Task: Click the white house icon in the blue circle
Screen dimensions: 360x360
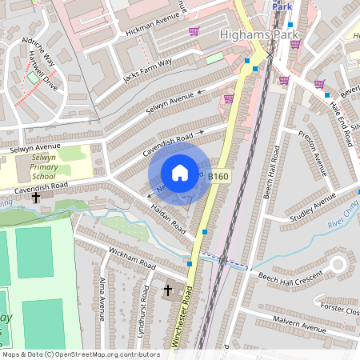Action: (179, 173)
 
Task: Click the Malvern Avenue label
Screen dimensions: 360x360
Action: (295, 325)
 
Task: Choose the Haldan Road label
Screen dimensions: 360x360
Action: (169, 218)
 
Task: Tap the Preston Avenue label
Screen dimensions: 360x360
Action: (313, 153)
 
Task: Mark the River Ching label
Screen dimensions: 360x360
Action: (342, 218)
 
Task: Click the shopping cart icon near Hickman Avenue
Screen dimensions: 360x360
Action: (194, 32)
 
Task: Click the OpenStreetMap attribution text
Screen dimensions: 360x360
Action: (80, 354)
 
